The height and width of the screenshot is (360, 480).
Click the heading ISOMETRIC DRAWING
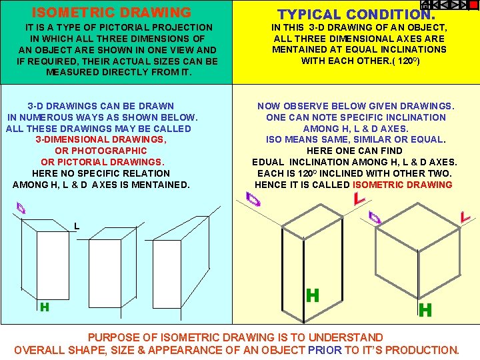pyautogui.click(x=111, y=13)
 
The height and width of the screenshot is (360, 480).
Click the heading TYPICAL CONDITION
pyautogui.click(x=356, y=14)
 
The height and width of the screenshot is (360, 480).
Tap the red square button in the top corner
pyautogui.click(x=473, y=5)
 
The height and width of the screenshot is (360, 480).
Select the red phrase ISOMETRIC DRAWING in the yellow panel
pyautogui.click(x=403, y=185)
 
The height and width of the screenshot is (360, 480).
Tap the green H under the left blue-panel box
pyautogui.click(x=45, y=307)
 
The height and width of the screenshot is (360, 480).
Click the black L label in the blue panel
pyautogui.click(x=77, y=226)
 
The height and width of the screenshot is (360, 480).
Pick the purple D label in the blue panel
pyautogui.click(x=23, y=209)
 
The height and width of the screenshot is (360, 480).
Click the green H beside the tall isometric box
pyautogui.click(x=312, y=295)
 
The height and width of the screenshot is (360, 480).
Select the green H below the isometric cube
pyautogui.click(x=425, y=309)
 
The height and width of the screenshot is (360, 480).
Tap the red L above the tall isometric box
pyautogui.click(x=359, y=198)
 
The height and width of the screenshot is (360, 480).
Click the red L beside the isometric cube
pyautogui.click(x=465, y=216)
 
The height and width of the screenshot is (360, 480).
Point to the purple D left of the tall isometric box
pyautogui.click(x=253, y=198)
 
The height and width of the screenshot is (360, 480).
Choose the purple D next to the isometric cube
pyautogui.click(x=375, y=217)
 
